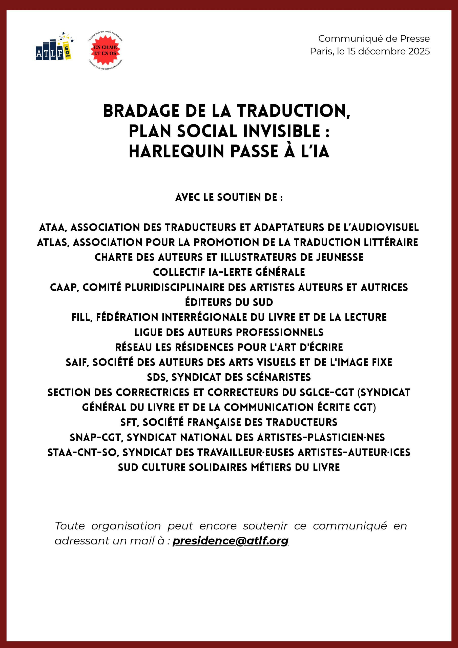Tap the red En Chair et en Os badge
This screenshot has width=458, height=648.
(105, 50)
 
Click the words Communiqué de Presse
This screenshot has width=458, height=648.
(374, 38)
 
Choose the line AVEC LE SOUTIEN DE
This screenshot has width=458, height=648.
(229, 197)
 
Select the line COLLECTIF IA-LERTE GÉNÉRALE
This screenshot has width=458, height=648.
(229, 272)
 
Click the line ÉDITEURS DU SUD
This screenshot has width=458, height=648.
(229, 302)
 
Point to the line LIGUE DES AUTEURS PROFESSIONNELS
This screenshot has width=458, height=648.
(229, 332)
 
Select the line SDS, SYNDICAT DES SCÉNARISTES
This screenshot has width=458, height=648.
(229, 377)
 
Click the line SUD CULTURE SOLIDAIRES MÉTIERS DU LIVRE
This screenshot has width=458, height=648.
(229, 467)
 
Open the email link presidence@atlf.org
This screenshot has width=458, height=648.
(230, 541)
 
